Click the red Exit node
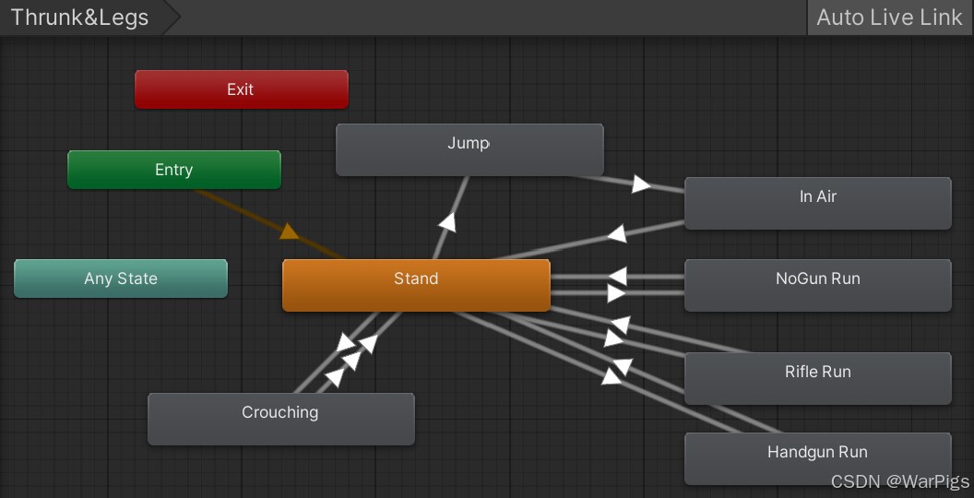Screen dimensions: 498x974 (x=241, y=89)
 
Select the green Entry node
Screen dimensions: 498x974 (x=173, y=170)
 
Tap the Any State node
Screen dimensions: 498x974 (x=121, y=279)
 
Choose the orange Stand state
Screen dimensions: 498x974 (x=416, y=284)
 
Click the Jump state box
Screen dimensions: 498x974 (x=469, y=149)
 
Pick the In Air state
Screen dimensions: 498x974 (x=817, y=203)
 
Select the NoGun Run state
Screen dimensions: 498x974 (x=817, y=284)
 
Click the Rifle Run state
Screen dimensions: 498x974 (x=817, y=377)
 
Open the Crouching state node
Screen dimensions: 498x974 (x=280, y=419)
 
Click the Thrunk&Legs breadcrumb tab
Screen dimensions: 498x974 (x=80, y=18)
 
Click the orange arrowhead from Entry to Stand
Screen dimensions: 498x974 (x=290, y=231)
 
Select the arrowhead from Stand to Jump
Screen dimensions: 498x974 (x=447, y=221)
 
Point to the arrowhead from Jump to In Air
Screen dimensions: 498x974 (x=641, y=184)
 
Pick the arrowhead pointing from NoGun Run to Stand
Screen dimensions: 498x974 (x=617, y=276)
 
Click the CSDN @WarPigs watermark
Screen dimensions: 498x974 (x=899, y=481)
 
